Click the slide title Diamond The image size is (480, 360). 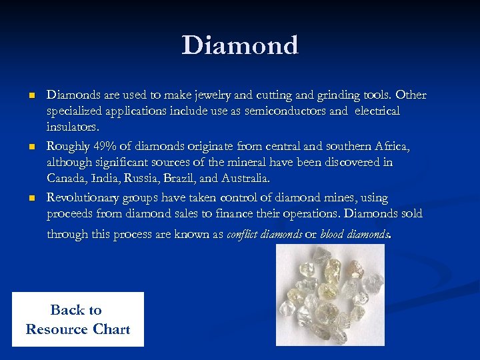click(239, 46)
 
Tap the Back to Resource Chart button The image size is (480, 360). click(77, 319)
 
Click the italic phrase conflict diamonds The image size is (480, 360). click(265, 234)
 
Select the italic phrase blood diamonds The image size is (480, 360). click(353, 234)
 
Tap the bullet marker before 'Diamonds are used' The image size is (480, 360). click(31, 95)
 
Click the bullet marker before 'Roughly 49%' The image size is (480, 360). click(31, 147)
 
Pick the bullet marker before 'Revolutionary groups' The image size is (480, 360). click(31, 198)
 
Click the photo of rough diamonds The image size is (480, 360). click(330, 295)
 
